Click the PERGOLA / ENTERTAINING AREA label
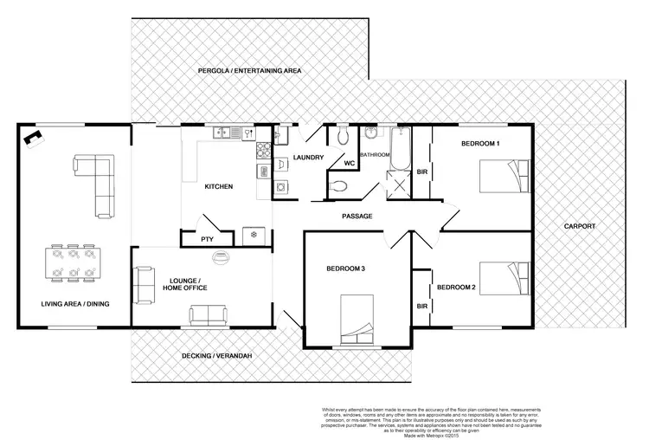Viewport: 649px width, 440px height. point(248,70)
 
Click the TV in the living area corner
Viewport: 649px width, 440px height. point(34,137)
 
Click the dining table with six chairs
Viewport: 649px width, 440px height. point(73,262)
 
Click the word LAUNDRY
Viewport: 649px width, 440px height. point(307,158)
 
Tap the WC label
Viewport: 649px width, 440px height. point(349,162)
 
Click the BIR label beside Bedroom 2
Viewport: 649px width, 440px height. point(423,306)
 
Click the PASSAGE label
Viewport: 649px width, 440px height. point(357,216)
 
